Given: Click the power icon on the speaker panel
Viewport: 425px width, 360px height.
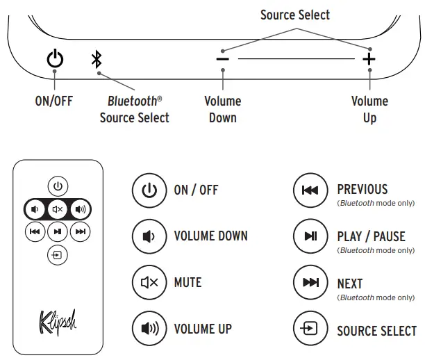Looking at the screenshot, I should [55, 60].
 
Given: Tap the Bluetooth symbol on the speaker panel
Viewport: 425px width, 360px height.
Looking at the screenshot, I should [97, 60].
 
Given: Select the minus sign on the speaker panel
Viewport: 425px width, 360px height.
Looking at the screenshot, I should [222, 60].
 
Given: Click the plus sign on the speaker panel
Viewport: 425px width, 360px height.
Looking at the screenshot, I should [369, 60].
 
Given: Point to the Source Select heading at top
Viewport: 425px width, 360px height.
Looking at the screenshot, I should [295, 15].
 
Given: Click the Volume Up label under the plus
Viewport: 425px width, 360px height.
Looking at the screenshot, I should [369, 109].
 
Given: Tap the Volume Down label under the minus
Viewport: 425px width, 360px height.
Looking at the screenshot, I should [222, 109].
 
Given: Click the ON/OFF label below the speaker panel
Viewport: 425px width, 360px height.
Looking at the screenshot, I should [53, 101].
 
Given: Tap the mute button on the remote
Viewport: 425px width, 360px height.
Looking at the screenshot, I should [58, 208].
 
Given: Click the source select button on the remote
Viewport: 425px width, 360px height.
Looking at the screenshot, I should [58, 254].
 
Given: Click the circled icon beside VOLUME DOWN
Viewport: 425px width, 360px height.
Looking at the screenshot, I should [149, 236].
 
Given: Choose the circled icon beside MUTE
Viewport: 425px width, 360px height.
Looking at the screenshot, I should [149, 283].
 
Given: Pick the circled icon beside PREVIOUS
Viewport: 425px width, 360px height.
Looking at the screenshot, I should [310, 190].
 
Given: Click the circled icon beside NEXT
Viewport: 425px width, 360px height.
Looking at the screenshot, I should [310, 283].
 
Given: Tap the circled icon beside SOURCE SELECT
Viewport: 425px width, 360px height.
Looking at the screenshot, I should [310, 329].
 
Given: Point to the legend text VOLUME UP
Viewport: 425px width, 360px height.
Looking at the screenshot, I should [203, 329].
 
